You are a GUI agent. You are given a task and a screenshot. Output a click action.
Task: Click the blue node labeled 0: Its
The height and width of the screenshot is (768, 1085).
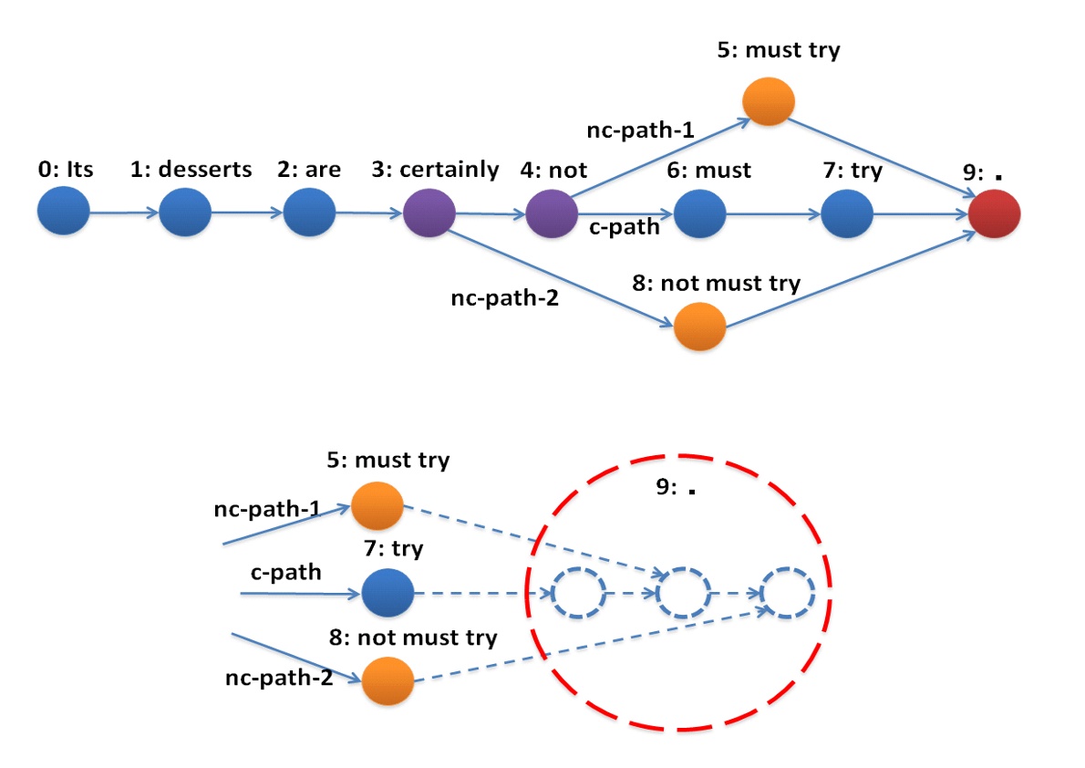tap(64, 213)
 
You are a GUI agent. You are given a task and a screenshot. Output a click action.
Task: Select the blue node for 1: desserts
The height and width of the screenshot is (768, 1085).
tap(185, 213)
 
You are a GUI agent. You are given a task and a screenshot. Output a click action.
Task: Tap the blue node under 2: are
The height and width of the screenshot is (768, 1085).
tap(310, 213)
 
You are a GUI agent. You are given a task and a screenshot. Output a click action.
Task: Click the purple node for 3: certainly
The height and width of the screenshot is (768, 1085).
tap(429, 214)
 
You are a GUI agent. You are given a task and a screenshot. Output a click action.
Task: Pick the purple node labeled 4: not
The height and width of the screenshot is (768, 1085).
tap(552, 214)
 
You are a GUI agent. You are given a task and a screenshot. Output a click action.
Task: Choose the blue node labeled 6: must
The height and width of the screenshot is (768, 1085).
tap(699, 215)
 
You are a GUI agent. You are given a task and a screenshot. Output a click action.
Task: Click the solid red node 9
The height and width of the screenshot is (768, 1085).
tap(994, 215)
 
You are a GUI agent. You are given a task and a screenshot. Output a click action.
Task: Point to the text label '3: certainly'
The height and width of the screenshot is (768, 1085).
tap(435, 170)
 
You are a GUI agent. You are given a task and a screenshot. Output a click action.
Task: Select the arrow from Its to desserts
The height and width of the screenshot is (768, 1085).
tap(125, 213)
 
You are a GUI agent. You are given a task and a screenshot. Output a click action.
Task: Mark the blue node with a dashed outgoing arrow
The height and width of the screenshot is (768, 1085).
tap(387, 594)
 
